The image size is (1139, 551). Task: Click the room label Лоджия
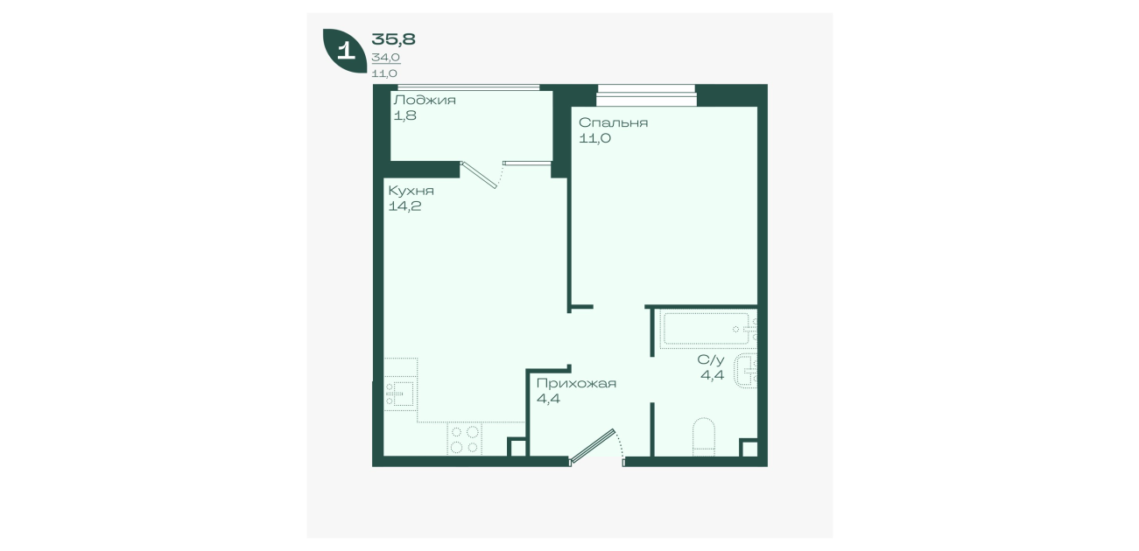point(425,101)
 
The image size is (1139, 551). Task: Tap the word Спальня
point(613,123)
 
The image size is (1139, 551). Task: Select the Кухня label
point(411,191)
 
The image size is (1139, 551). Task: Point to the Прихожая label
point(576,383)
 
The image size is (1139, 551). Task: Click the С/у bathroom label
point(710,360)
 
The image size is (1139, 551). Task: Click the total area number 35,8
point(394,39)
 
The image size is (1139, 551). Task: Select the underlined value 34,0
point(385,58)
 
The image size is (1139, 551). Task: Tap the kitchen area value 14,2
point(404,206)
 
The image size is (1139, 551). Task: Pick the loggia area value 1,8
point(405,115)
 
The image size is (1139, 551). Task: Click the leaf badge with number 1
point(345,51)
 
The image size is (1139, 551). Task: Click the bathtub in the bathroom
point(707,329)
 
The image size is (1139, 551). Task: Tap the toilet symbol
point(704,436)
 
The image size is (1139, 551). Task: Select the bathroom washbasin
point(745,371)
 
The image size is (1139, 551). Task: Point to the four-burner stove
point(465,439)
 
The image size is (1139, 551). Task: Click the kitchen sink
point(400,394)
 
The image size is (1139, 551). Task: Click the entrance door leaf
point(593,446)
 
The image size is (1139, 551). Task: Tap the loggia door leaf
point(479,175)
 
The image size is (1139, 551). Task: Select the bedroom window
point(646,95)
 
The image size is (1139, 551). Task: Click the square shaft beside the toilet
point(749,448)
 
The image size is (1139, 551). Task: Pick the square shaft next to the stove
point(517,447)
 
